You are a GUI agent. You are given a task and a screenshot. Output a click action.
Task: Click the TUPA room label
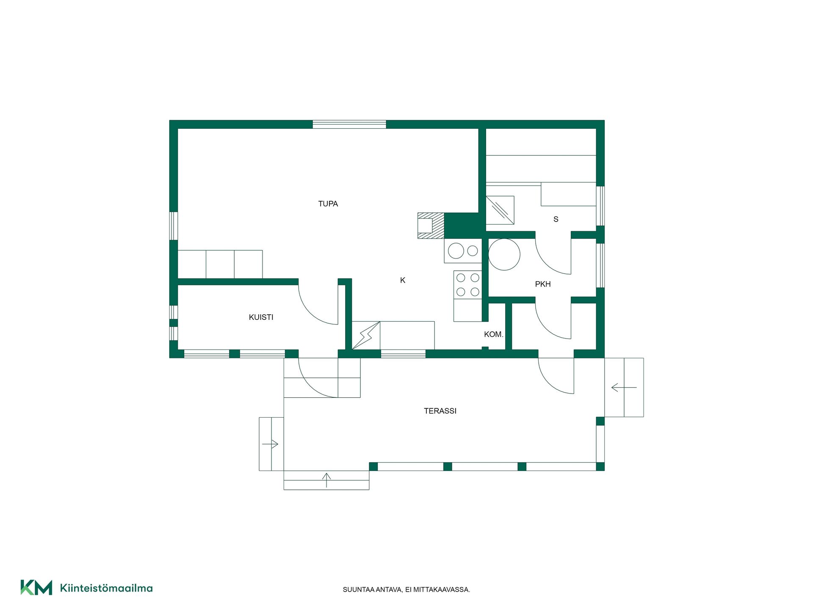[x=328, y=204]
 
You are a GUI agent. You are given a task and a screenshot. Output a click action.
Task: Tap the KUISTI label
[x=261, y=317]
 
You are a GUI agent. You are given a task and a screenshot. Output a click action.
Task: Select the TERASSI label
[x=440, y=411]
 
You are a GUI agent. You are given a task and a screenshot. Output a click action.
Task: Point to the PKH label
[x=543, y=284]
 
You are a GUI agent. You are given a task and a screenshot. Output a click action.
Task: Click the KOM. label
[x=494, y=334]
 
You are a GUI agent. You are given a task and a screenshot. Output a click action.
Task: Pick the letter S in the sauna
[x=556, y=219]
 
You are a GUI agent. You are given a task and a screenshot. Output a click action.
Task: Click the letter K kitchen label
[x=403, y=280]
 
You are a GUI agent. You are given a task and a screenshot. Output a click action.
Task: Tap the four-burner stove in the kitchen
[x=468, y=285]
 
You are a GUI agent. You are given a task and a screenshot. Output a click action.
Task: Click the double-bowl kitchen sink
[x=463, y=251]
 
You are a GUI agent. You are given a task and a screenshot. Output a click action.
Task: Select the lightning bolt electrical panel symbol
[x=366, y=335]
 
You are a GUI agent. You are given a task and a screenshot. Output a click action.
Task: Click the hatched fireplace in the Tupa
[x=431, y=226]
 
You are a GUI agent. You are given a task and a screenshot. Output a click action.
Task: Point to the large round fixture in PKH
[x=504, y=254]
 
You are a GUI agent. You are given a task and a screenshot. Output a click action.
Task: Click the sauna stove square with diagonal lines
[x=500, y=210]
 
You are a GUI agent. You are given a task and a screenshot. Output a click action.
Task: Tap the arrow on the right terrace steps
[x=624, y=387]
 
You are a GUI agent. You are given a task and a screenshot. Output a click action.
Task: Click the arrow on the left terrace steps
[x=270, y=444]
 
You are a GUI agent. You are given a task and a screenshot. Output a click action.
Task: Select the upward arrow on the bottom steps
[x=326, y=480]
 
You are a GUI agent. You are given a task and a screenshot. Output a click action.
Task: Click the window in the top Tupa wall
[x=349, y=125]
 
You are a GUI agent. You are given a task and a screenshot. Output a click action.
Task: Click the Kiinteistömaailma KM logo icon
[x=36, y=588]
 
